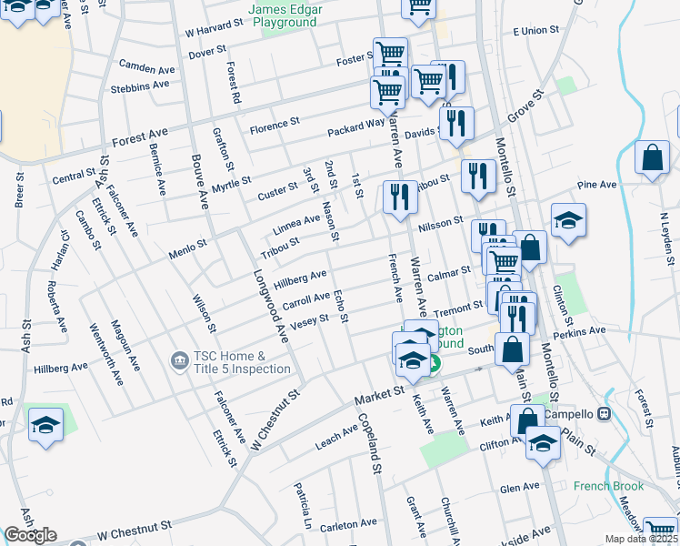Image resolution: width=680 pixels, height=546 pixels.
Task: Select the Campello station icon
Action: tap(605, 414)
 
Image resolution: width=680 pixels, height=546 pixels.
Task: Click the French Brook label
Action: tap(608, 486)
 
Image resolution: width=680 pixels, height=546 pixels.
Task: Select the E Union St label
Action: tap(535, 31)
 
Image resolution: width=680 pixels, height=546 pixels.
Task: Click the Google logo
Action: tap(30, 535)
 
